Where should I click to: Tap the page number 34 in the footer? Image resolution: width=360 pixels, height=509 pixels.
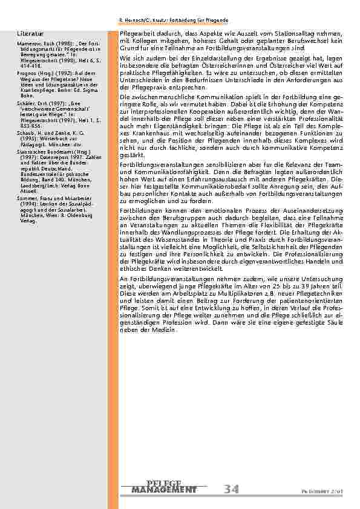tap(229, 488)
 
